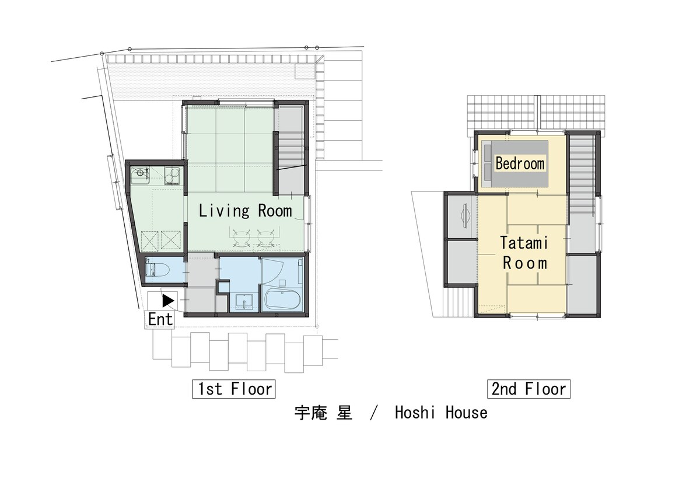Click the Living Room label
(x=246, y=211)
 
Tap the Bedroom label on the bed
(x=520, y=163)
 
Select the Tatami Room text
(x=524, y=253)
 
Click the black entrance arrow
(x=169, y=301)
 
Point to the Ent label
(x=160, y=319)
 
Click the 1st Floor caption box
(x=234, y=389)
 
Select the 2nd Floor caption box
(x=528, y=389)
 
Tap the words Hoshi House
(x=441, y=413)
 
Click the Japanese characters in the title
(x=323, y=413)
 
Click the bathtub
(x=283, y=299)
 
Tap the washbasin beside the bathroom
(x=244, y=302)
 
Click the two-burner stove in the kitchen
(x=172, y=175)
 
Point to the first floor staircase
(x=290, y=149)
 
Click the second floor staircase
(x=582, y=175)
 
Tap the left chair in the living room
(x=240, y=239)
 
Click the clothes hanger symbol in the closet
(x=465, y=215)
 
